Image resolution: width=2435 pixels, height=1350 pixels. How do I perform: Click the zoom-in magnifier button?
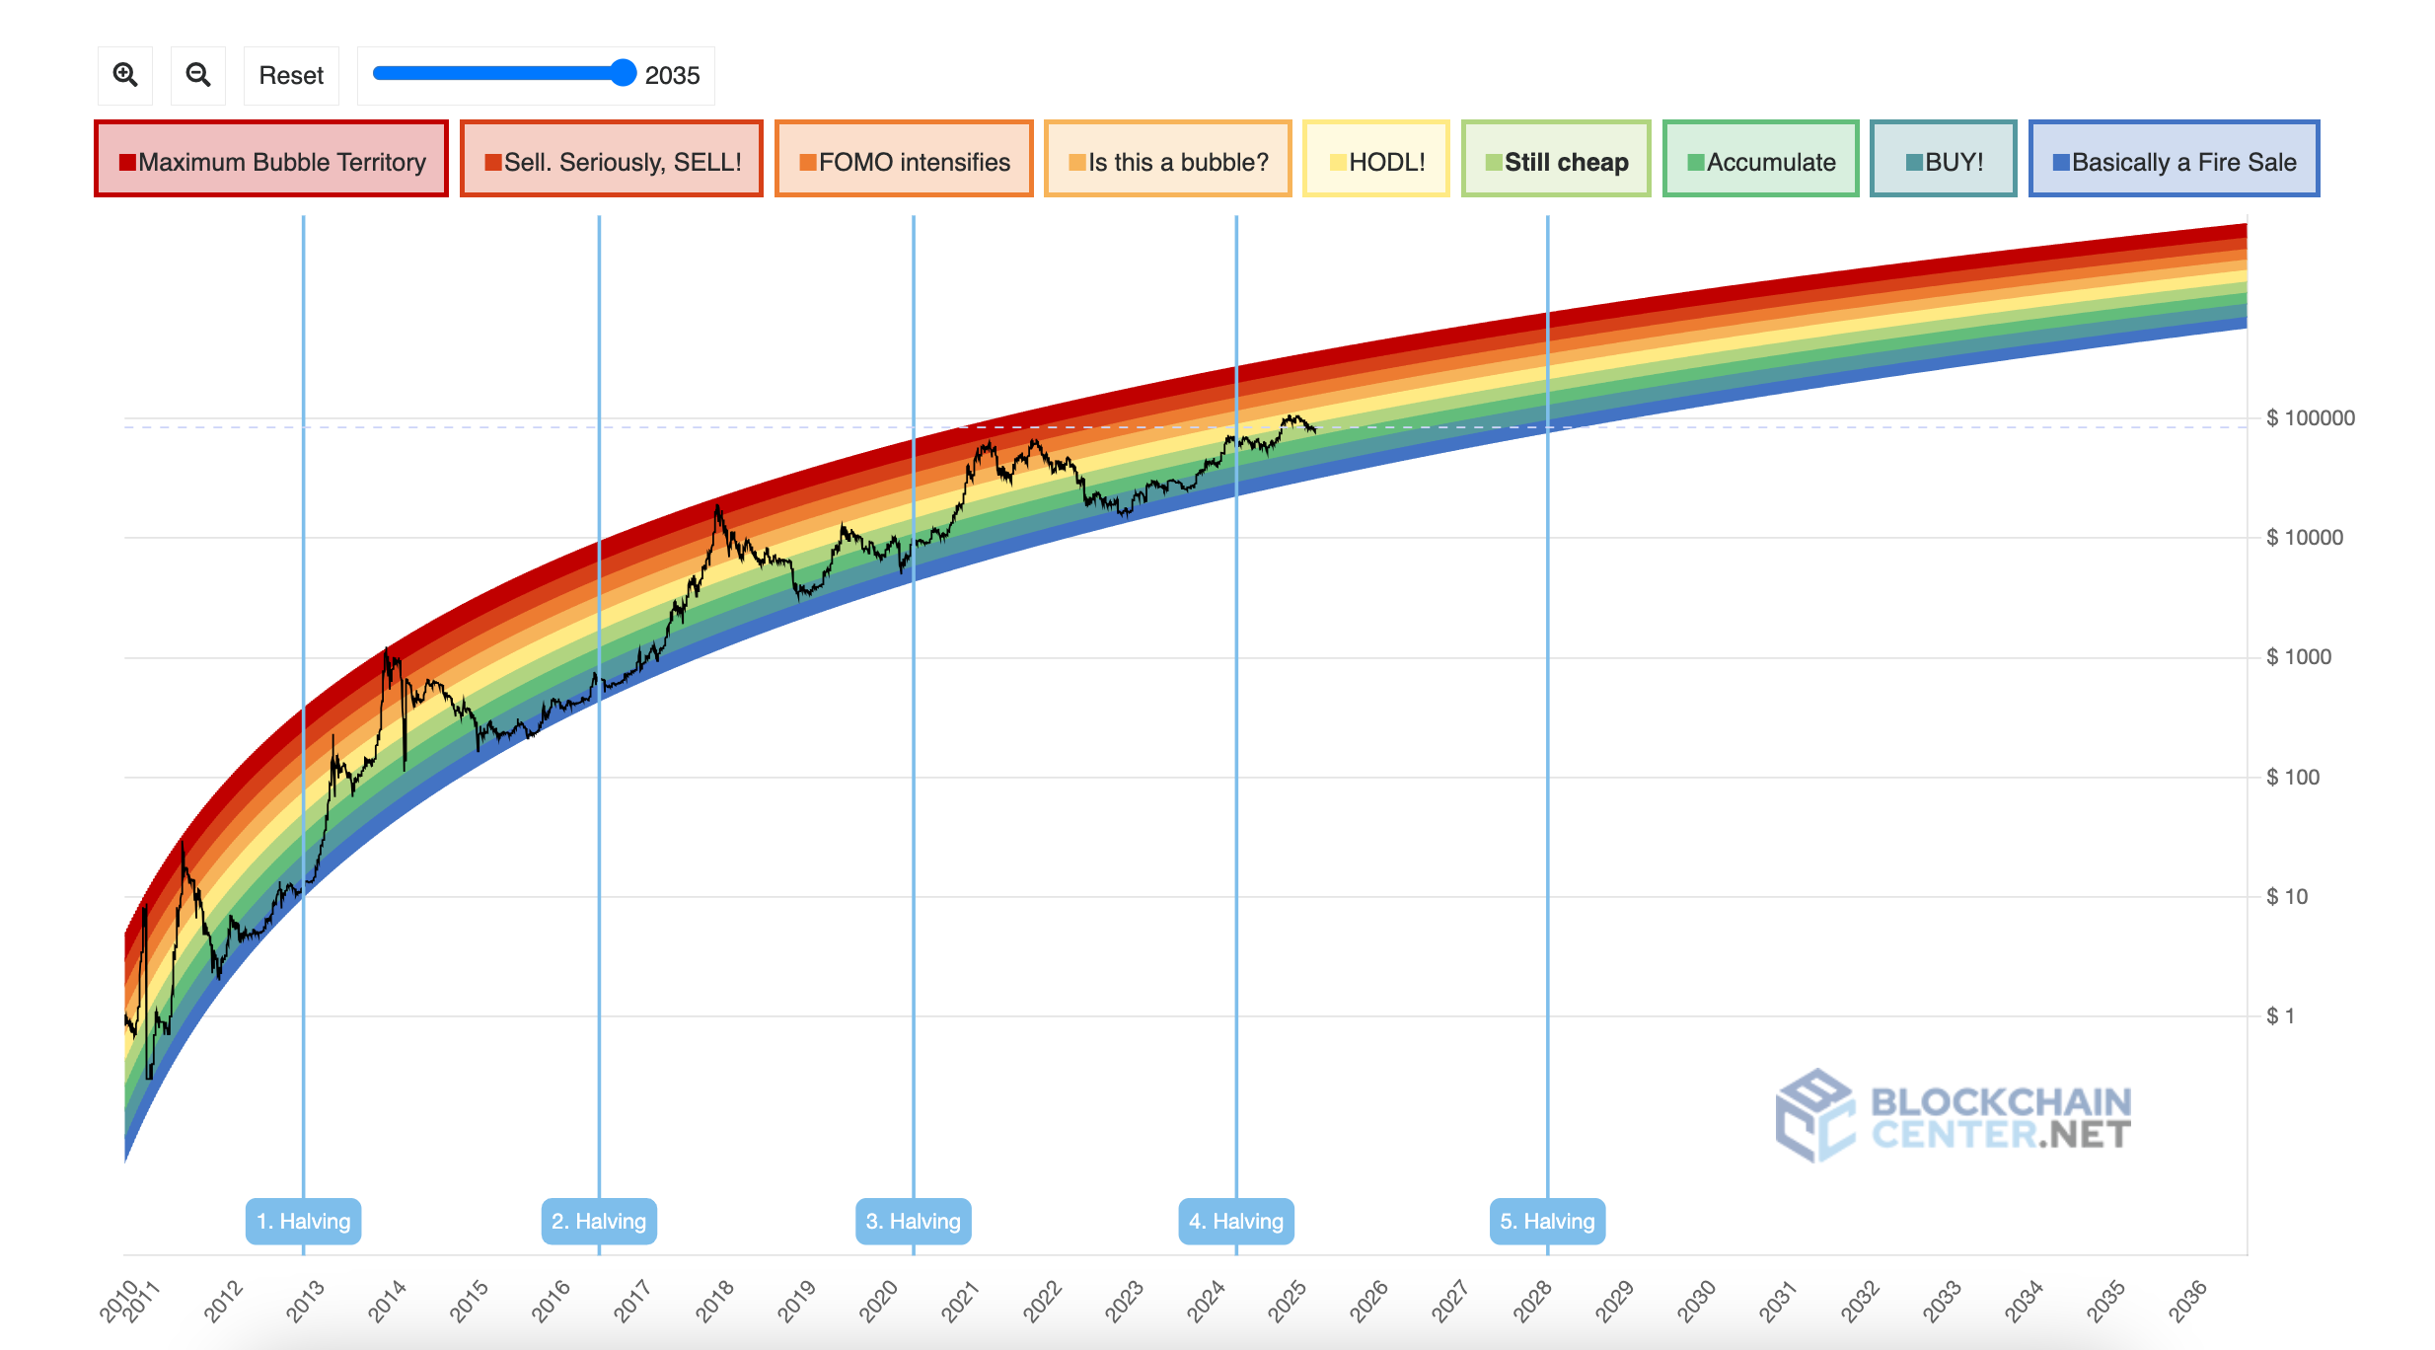coord(125,75)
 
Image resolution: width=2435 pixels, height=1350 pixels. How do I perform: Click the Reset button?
coord(291,75)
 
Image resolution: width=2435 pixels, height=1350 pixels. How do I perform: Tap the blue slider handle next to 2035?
coord(623,73)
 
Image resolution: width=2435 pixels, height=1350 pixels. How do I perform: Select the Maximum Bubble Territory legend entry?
coord(271,160)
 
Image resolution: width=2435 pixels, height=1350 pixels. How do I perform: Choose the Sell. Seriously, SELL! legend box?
coord(612,160)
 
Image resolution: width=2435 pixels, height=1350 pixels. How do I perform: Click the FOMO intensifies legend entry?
coord(904,160)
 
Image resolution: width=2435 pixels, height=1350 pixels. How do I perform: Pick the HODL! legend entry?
coord(1375,160)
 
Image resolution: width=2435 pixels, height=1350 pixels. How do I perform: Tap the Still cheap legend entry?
coord(1556,160)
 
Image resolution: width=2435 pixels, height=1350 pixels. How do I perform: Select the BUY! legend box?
coord(1943,160)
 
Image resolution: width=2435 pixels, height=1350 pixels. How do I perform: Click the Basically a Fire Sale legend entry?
coord(2174,160)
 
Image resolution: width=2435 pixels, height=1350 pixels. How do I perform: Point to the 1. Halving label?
coord(303,1221)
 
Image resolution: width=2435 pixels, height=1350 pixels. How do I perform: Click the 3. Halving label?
coord(913,1221)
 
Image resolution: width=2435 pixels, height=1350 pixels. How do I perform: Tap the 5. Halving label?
coord(1547,1221)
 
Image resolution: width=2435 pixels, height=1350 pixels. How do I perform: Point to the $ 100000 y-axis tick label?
coord(2310,418)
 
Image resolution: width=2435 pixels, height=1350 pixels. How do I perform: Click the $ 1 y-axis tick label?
coord(2280,1016)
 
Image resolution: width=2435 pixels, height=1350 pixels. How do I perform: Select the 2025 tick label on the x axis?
coord(1288,1301)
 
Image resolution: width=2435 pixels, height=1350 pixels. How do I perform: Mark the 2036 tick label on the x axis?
coord(2187,1301)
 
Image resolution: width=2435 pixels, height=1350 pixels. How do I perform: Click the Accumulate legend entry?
coord(1760,160)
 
